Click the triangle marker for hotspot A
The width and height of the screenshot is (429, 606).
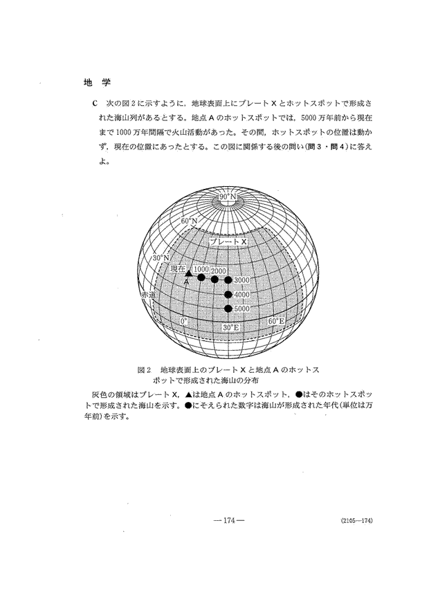(189, 274)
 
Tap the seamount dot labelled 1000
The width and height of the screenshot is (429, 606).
(201, 278)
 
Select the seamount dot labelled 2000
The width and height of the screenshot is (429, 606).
(214, 279)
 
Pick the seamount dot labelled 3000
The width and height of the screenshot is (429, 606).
(228, 280)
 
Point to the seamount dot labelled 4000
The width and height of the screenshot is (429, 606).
(228, 294)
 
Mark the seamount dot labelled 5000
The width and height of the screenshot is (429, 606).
(228, 309)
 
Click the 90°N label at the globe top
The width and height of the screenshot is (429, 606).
(228, 198)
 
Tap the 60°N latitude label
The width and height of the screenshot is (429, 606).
(188, 221)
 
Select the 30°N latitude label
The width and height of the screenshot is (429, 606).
(161, 258)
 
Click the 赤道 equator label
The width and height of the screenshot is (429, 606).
(147, 295)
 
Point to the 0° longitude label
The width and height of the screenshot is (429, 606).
(184, 322)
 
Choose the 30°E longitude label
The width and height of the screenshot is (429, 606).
(230, 327)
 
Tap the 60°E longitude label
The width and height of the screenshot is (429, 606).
(275, 322)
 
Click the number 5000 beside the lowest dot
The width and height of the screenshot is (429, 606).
(241, 309)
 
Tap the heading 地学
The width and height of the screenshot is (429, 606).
(93, 82)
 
